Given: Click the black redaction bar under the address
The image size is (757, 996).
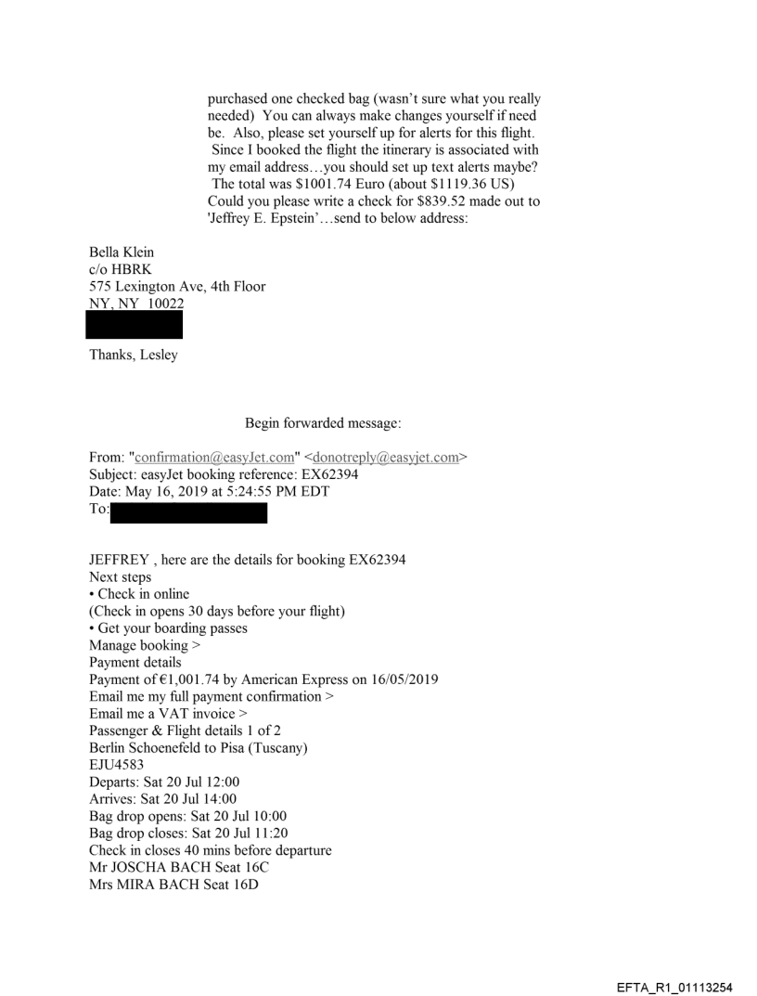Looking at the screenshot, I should [134, 325].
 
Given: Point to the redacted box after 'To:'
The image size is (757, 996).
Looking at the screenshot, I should [188, 512].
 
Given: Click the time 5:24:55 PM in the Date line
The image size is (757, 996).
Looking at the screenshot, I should [283, 492].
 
